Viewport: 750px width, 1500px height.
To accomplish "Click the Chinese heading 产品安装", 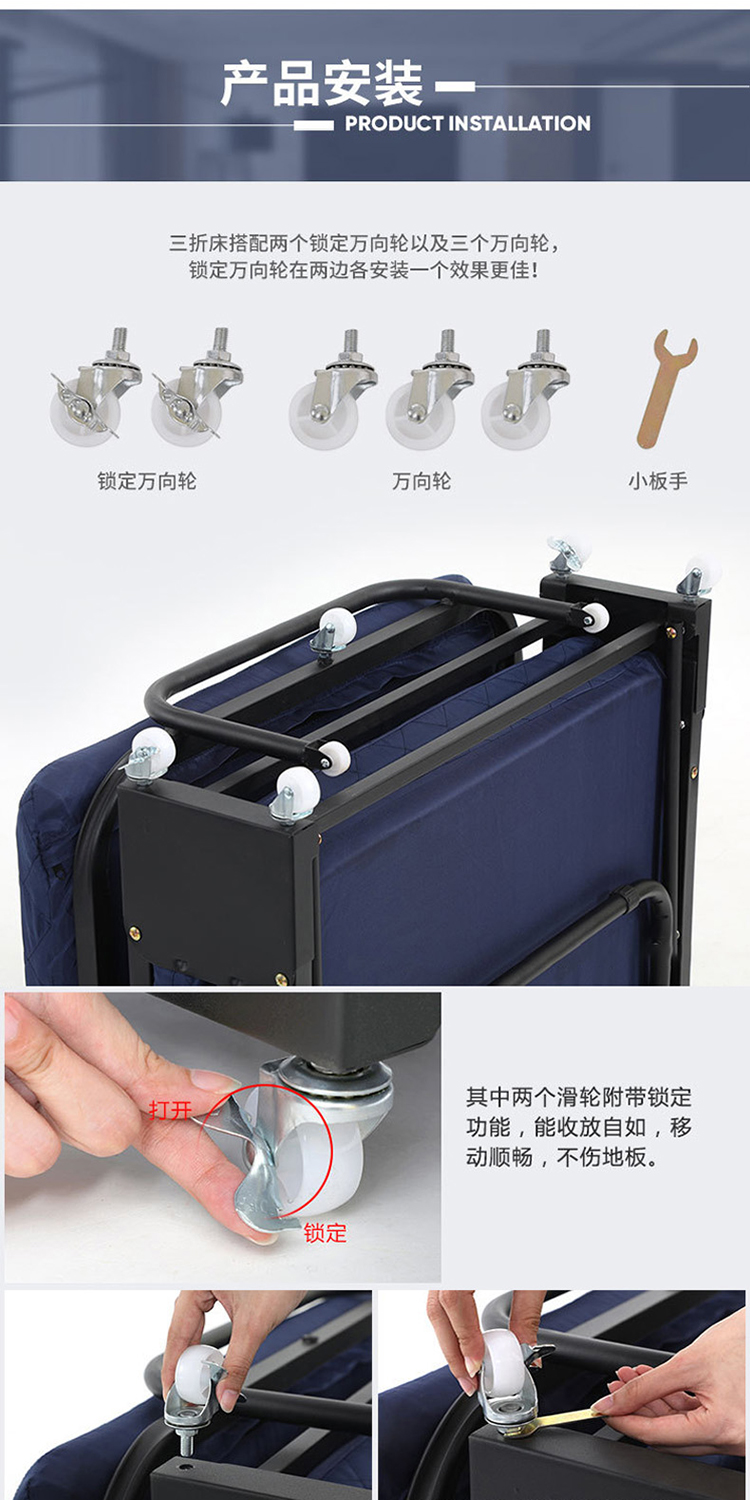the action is pos(322,84).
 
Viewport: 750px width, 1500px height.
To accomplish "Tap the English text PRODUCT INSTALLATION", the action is pos(467,123).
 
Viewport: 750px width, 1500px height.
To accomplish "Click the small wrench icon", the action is pos(666,388).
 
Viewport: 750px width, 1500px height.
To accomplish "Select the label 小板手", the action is pos(658,481).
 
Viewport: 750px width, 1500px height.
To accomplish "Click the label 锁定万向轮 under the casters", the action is pos(147,481).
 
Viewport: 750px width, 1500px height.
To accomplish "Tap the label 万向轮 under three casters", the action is pos(422,481).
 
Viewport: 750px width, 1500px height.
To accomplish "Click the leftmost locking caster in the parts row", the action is pos(96,386).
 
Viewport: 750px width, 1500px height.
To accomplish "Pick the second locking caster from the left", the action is pos(197,386).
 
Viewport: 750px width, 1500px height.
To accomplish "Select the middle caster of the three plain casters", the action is pos(429,390).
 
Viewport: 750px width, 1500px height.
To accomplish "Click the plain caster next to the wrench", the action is pos(525,390).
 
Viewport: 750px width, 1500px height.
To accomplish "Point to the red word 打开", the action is pos(170,1110).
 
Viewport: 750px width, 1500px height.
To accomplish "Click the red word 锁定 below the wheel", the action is pos(325,1233).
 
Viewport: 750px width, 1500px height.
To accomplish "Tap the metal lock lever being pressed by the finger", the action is pos(262,1153).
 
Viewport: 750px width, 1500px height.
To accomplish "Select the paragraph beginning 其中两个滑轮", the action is pos(579,1127).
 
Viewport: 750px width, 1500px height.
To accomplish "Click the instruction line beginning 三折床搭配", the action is pos(364,242).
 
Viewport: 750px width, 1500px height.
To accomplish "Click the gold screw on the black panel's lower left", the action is pos(135,931).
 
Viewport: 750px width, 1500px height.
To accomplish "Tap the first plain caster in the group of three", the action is pos(333,390).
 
